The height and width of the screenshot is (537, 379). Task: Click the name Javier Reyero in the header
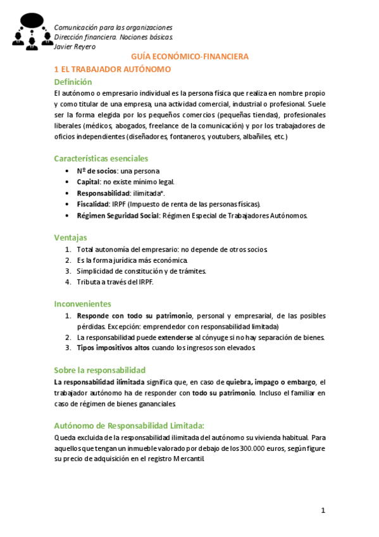click(x=75, y=46)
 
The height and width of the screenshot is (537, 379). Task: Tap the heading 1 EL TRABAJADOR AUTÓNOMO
click(x=113, y=69)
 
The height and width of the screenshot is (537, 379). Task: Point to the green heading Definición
click(x=73, y=82)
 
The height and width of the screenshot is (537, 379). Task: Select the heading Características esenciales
click(x=101, y=158)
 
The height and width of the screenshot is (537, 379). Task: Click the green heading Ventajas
click(x=70, y=237)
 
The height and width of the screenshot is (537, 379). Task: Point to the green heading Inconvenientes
click(x=82, y=304)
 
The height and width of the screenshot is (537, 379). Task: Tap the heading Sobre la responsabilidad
click(x=99, y=370)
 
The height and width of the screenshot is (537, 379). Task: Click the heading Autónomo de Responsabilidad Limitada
click(x=129, y=426)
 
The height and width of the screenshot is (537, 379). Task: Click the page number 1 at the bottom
click(x=323, y=510)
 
